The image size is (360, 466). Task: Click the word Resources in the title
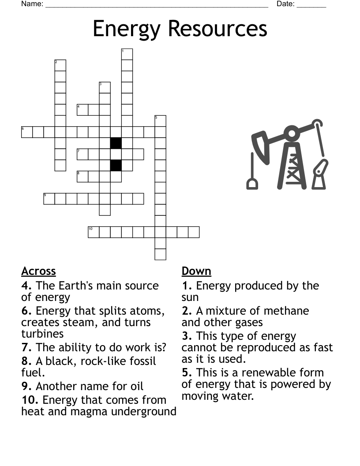tap(218, 29)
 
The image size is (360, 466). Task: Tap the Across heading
tap(38, 271)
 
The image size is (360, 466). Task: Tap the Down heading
tap(196, 271)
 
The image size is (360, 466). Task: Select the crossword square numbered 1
tap(127, 54)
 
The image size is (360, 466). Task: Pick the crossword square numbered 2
tap(60, 65)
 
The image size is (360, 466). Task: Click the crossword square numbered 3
tap(105, 87)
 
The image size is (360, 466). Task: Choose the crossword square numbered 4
tap(82, 109)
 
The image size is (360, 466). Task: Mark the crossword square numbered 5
tap(160, 121)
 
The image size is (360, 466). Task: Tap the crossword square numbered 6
tap(27, 132)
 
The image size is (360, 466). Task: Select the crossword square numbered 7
tap(82, 154)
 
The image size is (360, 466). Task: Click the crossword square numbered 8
tap(82, 177)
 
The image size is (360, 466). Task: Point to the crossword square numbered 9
tap(49, 199)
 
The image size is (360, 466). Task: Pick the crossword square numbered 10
tap(94, 232)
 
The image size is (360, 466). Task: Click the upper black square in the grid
tap(116, 143)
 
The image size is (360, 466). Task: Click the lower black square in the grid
tap(116, 165)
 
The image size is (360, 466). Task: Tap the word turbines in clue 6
tap(42, 334)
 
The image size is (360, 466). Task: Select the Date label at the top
tap(285, 4)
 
